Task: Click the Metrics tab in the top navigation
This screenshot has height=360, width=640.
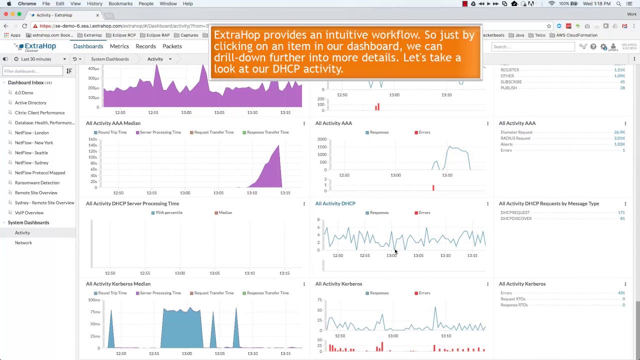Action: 119,46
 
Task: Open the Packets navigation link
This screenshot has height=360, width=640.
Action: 172,46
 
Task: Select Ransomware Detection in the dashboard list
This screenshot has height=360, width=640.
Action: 37,183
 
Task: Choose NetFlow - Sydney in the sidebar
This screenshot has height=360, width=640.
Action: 31,163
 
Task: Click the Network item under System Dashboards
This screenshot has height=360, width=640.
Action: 23,243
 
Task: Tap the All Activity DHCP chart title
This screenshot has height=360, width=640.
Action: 335,203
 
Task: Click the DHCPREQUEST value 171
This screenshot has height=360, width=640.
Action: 621,212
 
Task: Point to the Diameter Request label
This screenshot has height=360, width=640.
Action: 516,132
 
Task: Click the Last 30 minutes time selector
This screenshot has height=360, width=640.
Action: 36,59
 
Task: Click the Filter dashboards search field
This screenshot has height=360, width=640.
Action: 33,71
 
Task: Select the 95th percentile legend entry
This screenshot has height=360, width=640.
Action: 168,213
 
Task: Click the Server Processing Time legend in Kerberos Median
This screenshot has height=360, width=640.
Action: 160,293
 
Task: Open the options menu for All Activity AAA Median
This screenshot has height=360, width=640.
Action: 304,123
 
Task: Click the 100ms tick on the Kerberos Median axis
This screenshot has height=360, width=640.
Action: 93,300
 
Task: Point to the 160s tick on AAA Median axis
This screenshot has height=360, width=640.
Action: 92,139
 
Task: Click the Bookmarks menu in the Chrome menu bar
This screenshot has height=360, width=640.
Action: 120,3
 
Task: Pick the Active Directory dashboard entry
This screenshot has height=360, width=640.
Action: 30,103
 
